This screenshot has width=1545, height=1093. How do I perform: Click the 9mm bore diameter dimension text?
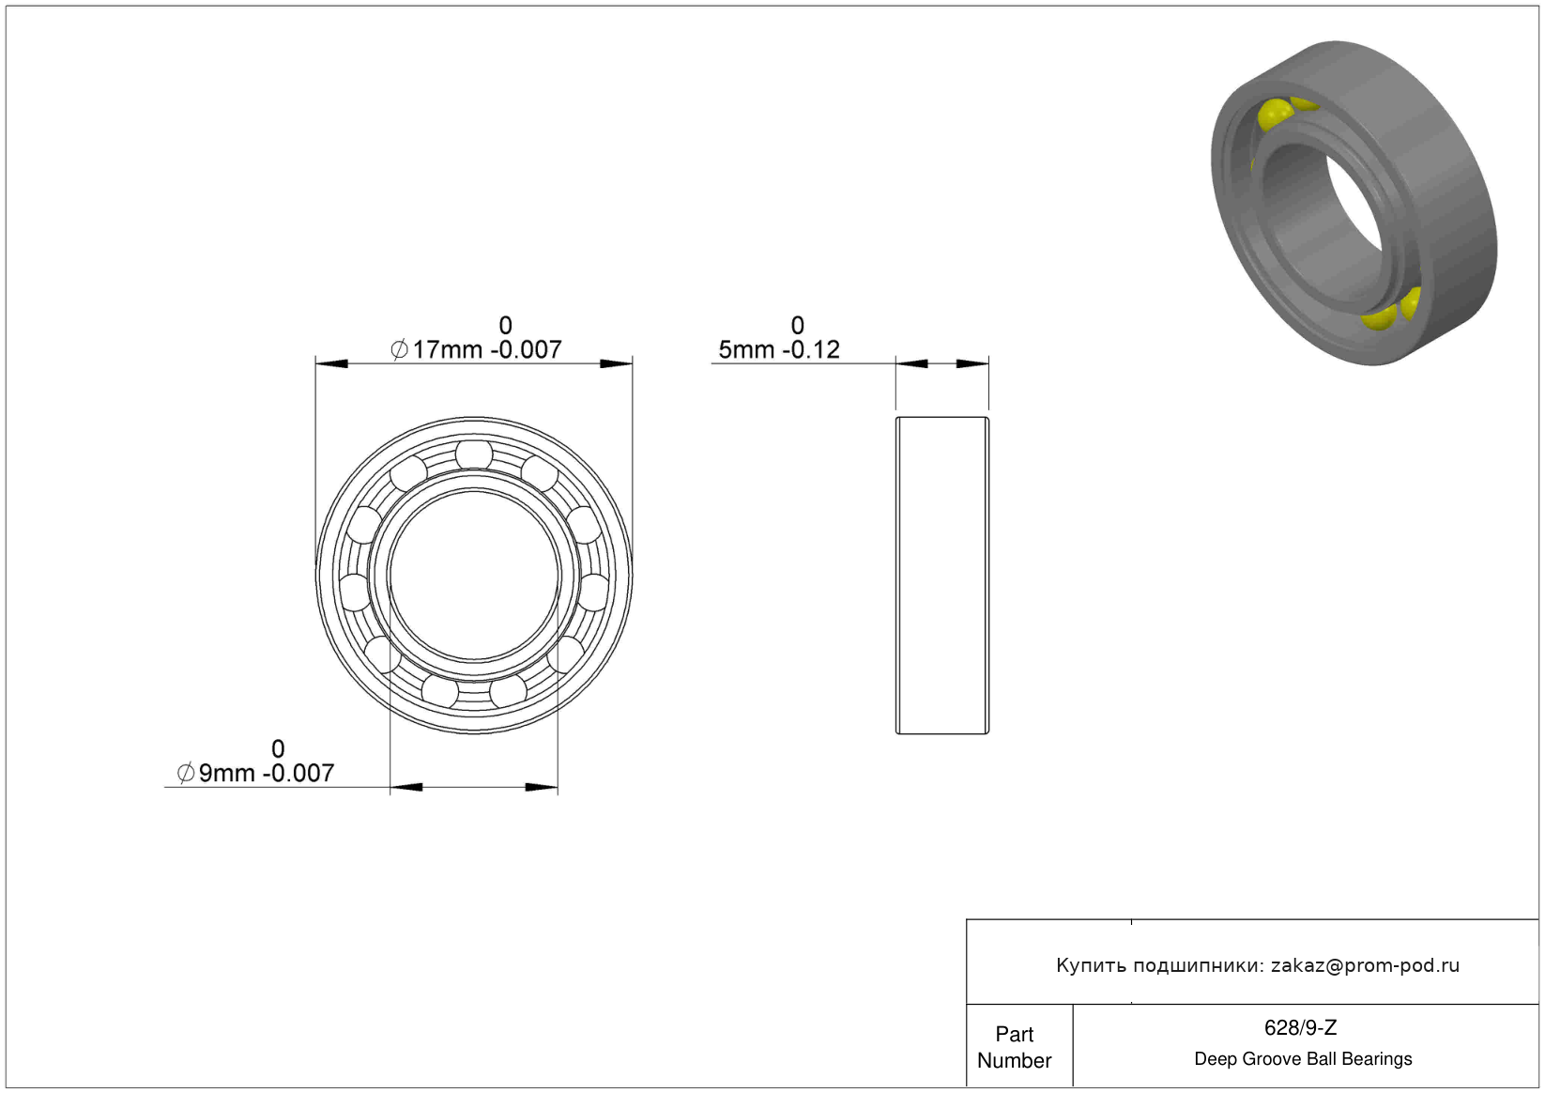coord(256,774)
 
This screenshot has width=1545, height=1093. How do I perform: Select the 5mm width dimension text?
coord(779,350)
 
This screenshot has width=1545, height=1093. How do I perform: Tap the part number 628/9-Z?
coord(1300,1027)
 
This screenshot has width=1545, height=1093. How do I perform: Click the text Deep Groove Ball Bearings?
coord(1303,1058)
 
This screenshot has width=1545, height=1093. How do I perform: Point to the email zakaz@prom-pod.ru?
coord(1365,965)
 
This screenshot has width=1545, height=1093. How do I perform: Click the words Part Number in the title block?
coord(1014,1047)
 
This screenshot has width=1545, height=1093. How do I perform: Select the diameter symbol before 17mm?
coord(399,350)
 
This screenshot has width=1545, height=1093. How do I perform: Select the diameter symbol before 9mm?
coord(186,773)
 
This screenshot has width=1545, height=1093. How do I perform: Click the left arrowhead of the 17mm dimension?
coord(331,363)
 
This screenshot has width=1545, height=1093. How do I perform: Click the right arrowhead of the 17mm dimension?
coord(616,363)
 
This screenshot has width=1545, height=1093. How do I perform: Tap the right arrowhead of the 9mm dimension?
coord(542,787)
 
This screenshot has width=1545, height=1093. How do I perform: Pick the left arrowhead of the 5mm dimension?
coord(911,363)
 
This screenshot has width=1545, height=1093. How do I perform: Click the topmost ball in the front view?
coord(474,454)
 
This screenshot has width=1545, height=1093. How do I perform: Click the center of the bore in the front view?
coord(474,575)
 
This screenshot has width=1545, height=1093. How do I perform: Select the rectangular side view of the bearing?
coord(942,576)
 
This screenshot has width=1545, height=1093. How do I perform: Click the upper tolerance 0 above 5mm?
coord(797,325)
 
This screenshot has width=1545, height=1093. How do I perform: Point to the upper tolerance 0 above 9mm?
coord(278,748)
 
